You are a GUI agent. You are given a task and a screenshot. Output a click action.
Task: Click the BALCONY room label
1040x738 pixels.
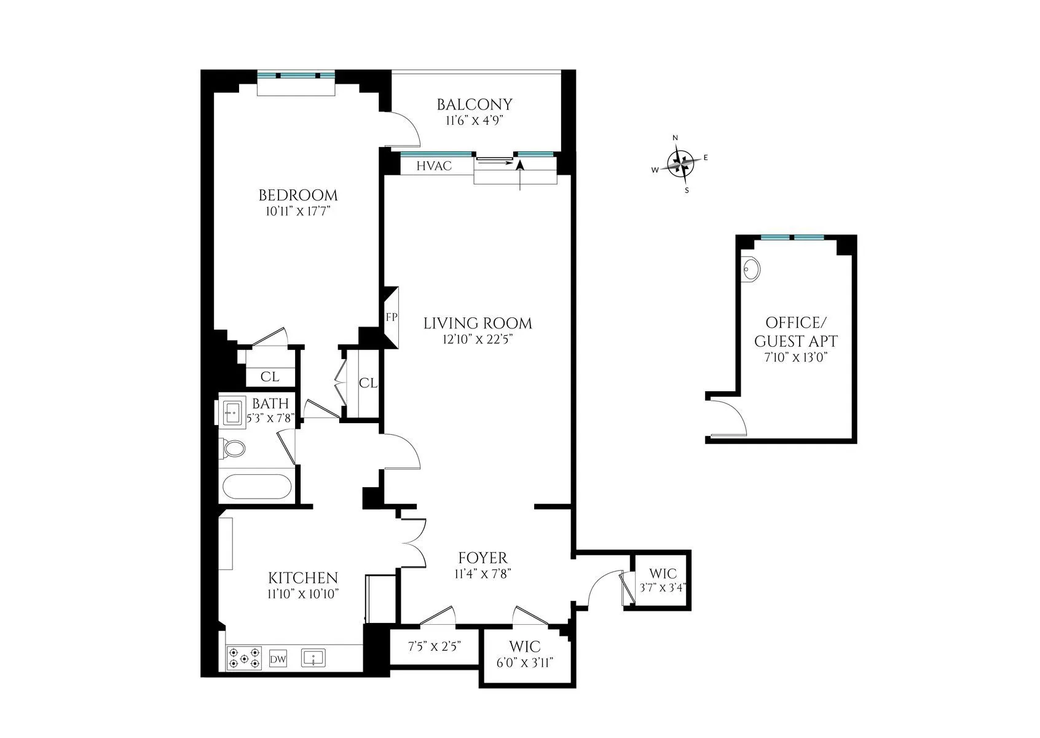coord(474,105)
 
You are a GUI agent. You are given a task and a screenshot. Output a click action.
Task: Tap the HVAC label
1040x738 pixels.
coord(434,166)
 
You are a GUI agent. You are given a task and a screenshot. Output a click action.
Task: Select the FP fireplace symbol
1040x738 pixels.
coord(392,317)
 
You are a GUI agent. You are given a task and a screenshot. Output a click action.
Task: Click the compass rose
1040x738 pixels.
coord(683,164)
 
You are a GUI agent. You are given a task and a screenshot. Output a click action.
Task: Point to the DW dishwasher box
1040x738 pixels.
coord(278,660)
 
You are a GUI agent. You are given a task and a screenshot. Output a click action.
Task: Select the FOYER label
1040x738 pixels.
coord(483,558)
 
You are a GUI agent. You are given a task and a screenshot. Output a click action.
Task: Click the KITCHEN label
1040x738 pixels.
coord(303,578)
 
